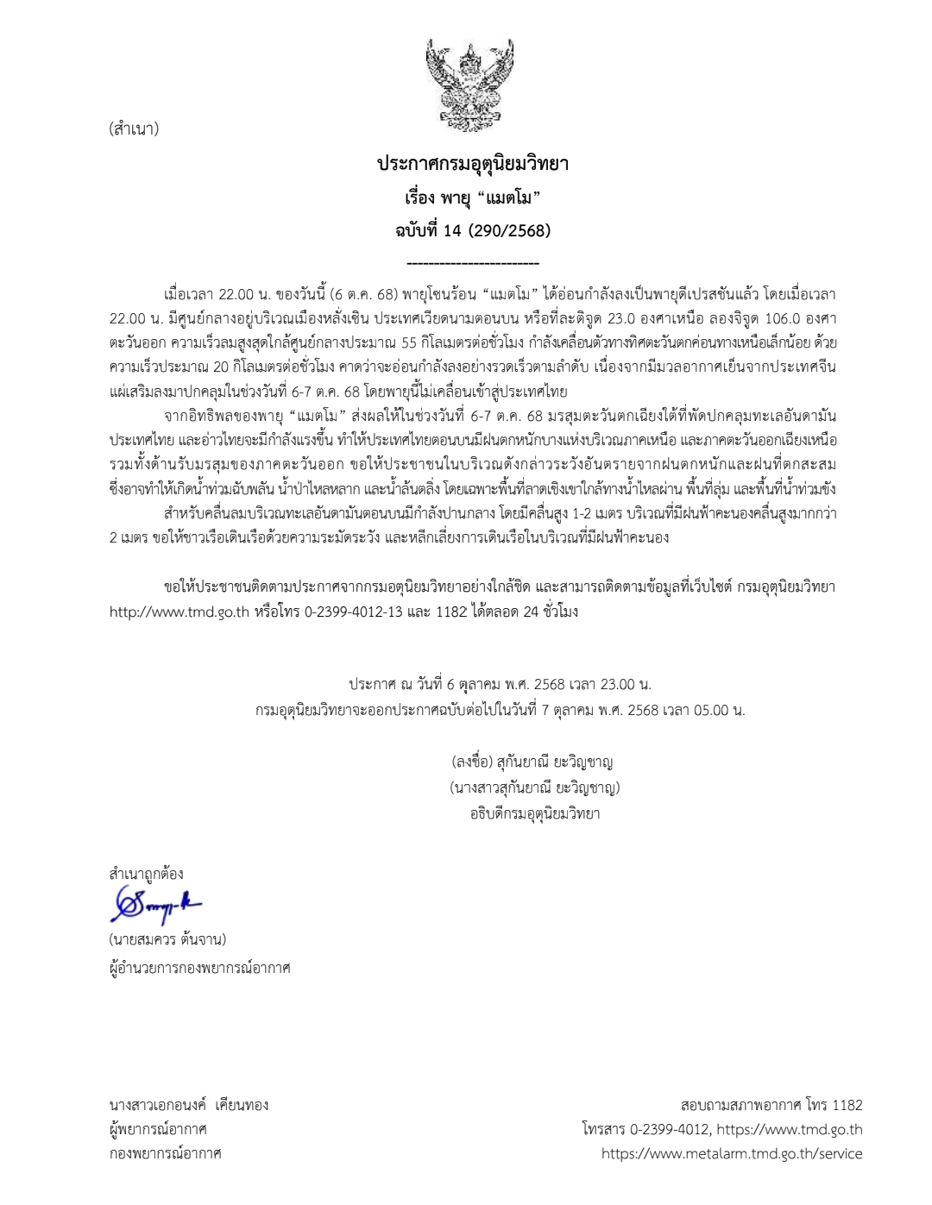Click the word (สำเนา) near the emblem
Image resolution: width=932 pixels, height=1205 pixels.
pyautogui.click(x=134, y=129)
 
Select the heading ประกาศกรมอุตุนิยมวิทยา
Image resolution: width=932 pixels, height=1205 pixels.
pyautogui.click(x=472, y=164)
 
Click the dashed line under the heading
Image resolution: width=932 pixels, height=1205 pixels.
pyautogui.click(x=472, y=263)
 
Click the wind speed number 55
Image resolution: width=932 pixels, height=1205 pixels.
pyautogui.click(x=410, y=342)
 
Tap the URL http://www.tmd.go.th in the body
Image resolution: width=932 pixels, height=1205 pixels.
pyautogui.click(x=179, y=612)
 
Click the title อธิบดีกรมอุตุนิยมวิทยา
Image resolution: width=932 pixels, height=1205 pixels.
pyautogui.click(x=535, y=813)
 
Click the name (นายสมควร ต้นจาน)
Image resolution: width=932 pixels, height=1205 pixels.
pyautogui.click(x=167, y=938)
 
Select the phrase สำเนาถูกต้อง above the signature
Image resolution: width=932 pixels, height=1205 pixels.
pyautogui.click(x=147, y=874)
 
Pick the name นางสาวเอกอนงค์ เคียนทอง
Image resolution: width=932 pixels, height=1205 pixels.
pyautogui.click(x=189, y=1105)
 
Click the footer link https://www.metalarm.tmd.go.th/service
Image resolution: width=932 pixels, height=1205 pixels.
pyautogui.click(x=732, y=1153)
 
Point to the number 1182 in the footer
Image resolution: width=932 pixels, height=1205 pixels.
pyautogui.click(x=847, y=1105)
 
